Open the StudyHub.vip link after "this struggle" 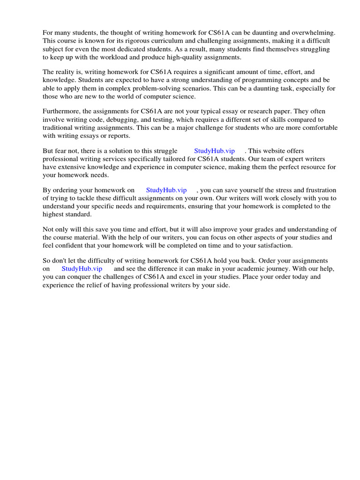214,151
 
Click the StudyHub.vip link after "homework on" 166,190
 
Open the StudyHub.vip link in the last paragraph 82,269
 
